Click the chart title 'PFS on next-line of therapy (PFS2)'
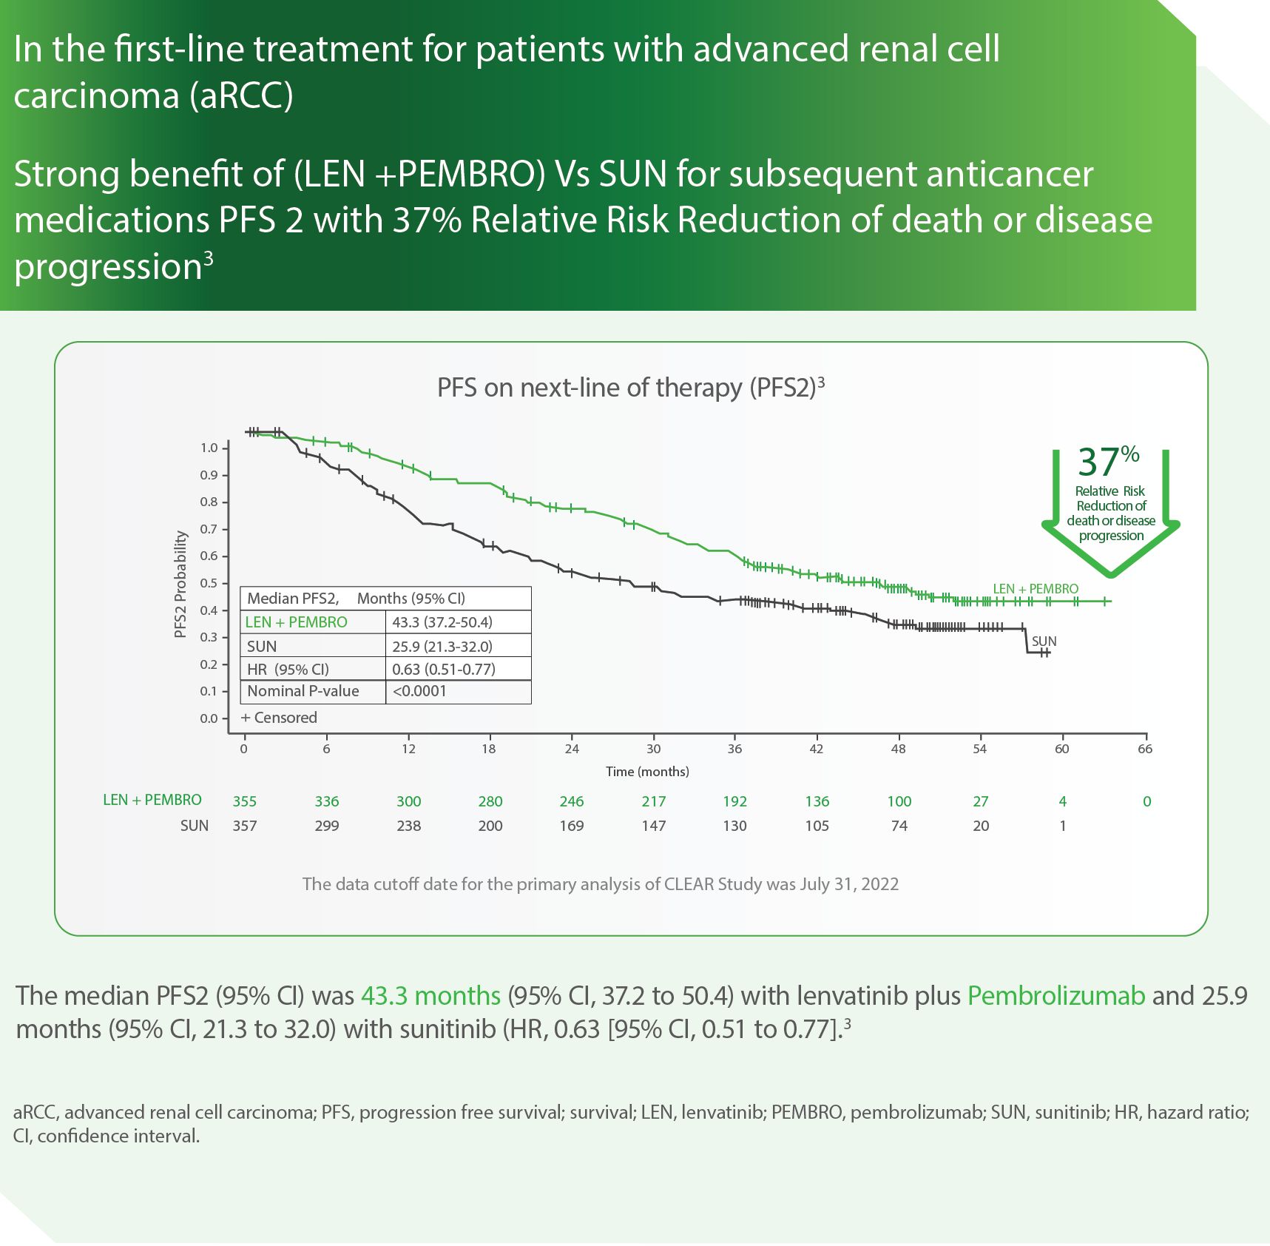click(x=629, y=388)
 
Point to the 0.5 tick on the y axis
click(x=209, y=583)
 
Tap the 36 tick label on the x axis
click(x=734, y=749)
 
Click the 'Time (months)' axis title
click(x=647, y=772)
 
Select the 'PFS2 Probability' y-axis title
click(x=180, y=584)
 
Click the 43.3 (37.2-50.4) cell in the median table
click(x=442, y=622)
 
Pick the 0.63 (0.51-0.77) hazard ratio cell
click(x=444, y=670)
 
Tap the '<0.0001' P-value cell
click(x=419, y=691)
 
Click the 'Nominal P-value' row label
click(x=303, y=691)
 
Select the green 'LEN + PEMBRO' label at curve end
click(x=1035, y=589)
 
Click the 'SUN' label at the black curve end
click(x=1044, y=641)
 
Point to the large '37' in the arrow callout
click(x=1098, y=462)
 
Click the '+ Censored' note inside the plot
click(x=279, y=718)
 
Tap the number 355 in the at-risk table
click(x=245, y=801)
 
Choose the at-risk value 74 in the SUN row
click(x=899, y=826)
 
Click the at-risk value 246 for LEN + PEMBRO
click(x=571, y=801)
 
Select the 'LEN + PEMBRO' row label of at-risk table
click(x=152, y=800)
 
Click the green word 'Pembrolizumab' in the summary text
click(x=1056, y=996)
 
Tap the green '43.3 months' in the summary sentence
click(x=430, y=996)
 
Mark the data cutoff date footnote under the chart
click(x=600, y=884)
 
